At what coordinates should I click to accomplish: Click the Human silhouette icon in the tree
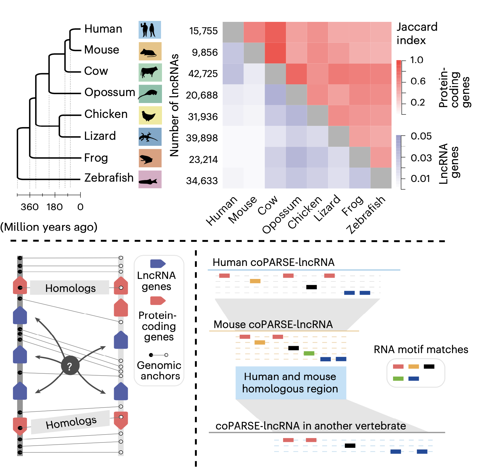[150, 30]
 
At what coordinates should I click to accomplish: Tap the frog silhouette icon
[150, 158]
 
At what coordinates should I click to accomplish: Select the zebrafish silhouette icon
[150, 179]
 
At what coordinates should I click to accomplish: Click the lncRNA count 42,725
[203, 74]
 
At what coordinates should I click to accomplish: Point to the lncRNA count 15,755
[203, 31]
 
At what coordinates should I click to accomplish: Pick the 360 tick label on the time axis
[29, 207]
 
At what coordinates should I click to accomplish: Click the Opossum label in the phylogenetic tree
[110, 92]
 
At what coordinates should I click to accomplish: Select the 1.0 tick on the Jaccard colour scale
[417, 60]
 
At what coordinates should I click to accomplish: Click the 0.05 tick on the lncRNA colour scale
[421, 136]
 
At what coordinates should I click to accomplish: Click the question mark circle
[70, 366]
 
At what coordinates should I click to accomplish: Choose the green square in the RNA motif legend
[398, 378]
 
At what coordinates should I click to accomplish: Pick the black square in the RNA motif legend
[429, 367]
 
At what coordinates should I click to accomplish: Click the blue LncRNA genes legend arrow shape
[158, 263]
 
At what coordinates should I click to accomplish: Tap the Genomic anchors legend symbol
[158, 355]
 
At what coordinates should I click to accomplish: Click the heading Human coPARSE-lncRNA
[273, 262]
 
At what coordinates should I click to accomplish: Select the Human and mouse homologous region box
[290, 383]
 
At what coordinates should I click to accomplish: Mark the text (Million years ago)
[49, 227]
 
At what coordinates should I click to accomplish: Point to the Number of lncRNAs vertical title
[174, 105]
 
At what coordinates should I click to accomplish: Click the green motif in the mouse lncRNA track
[309, 353]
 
